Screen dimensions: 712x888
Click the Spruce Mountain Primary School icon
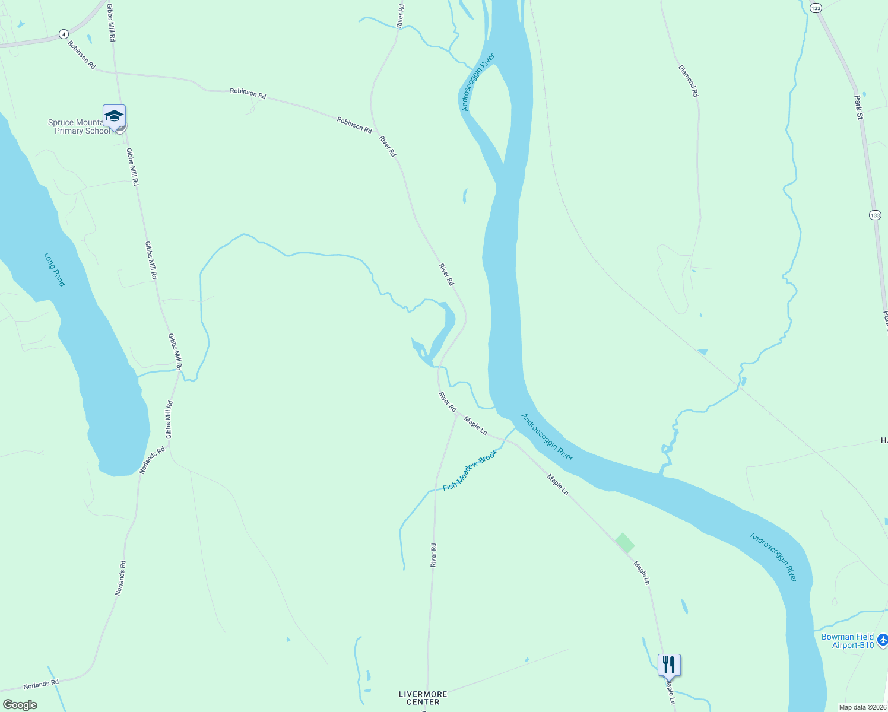[x=114, y=116]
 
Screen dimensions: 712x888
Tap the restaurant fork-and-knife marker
[x=669, y=664]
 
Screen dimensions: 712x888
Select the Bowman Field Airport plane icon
[x=882, y=640]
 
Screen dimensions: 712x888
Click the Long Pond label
[x=55, y=269]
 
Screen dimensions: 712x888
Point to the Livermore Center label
[x=423, y=698]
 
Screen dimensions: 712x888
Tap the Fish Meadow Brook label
[x=470, y=471]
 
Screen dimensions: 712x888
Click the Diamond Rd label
[x=689, y=81]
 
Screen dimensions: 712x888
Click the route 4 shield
[x=64, y=34]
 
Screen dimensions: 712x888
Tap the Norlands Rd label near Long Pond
[x=153, y=461]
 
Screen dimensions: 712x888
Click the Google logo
[x=20, y=705]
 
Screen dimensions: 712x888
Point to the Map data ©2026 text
[x=862, y=707]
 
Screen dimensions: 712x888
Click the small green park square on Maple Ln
[x=624, y=543]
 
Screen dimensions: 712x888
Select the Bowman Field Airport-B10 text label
[x=848, y=641]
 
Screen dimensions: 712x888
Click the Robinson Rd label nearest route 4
[x=81, y=55]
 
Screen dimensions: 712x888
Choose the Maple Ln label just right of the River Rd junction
[x=475, y=425]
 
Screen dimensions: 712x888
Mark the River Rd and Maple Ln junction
[x=456, y=415]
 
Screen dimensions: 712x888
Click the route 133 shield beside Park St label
[x=875, y=215]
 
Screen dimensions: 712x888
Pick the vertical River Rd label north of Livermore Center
[x=434, y=555]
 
